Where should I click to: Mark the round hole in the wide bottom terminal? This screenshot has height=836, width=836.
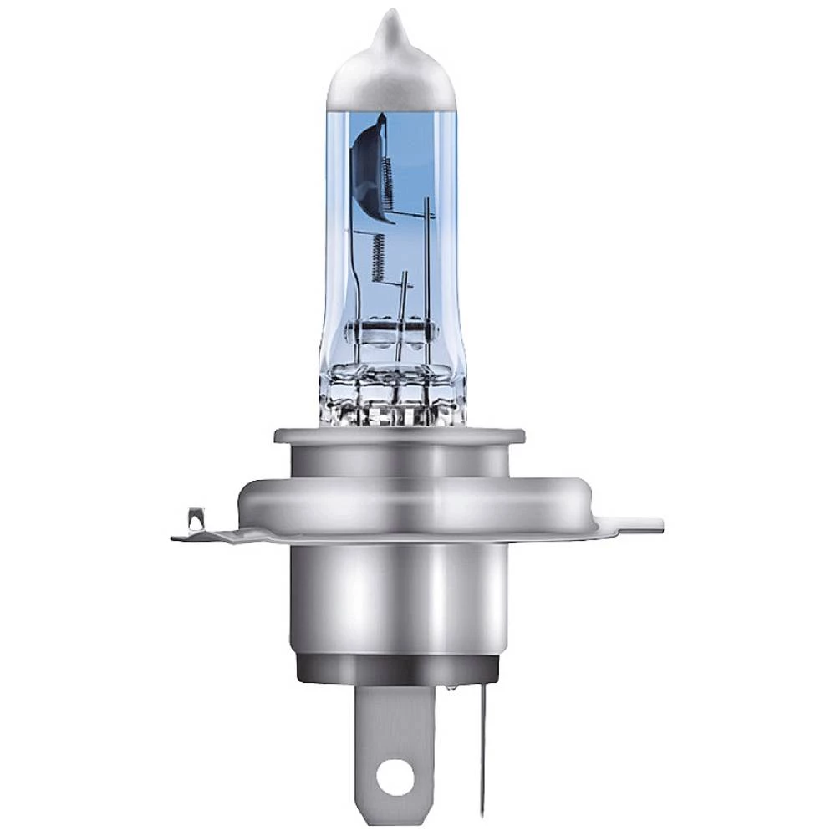point(390,782)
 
